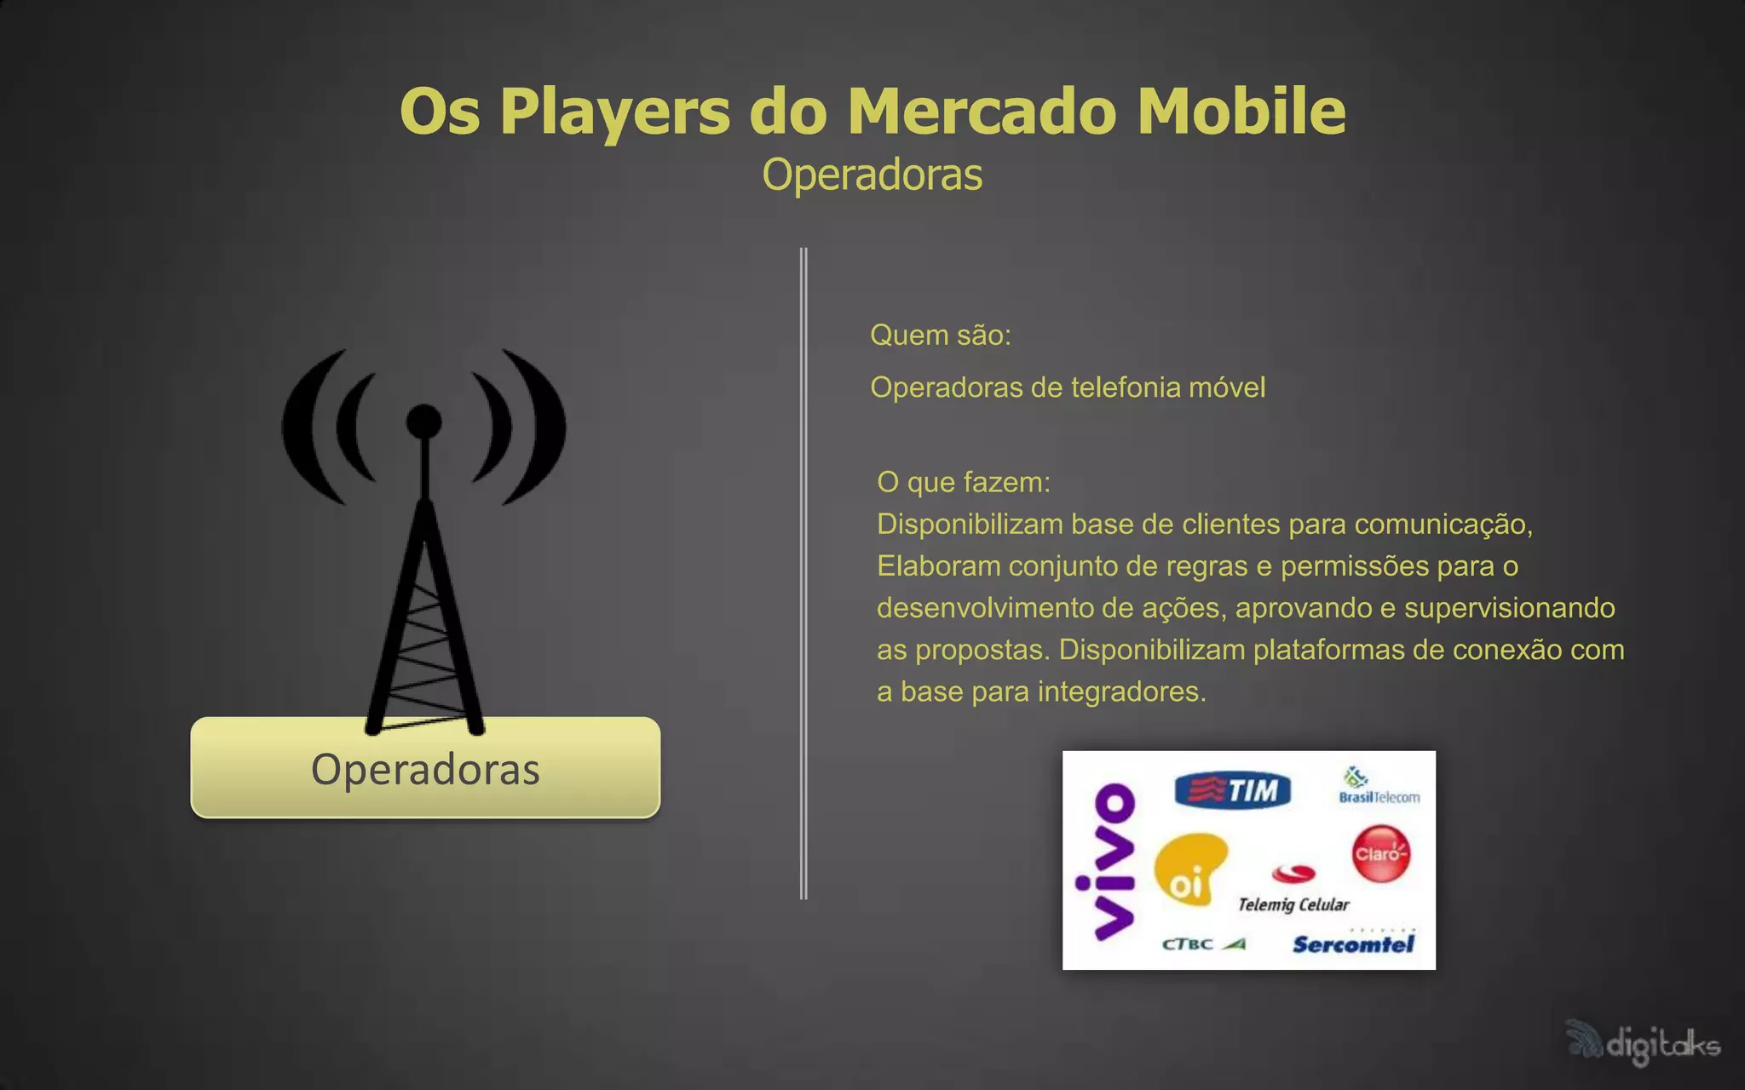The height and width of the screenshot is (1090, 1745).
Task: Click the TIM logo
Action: click(1232, 790)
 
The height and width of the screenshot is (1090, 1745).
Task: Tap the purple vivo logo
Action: click(1105, 862)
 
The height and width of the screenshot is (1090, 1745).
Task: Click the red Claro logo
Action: click(1380, 853)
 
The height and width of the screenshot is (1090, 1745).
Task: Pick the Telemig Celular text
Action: click(1293, 904)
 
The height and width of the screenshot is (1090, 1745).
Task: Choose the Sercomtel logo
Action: click(1353, 944)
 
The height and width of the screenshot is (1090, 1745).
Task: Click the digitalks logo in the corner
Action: click(1644, 1042)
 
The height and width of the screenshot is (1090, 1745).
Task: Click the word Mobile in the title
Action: click(1241, 112)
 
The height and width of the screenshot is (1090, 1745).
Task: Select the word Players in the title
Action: click(614, 112)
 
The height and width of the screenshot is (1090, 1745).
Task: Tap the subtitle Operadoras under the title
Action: click(872, 175)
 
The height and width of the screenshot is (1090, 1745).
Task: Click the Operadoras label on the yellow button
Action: click(425, 769)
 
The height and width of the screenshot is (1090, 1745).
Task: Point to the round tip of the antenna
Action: click(424, 421)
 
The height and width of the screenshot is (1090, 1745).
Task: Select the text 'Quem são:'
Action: click(940, 335)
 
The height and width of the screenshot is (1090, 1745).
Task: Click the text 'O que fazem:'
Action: click(964, 482)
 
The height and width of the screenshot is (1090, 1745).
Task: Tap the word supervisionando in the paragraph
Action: click(1509, 608)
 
